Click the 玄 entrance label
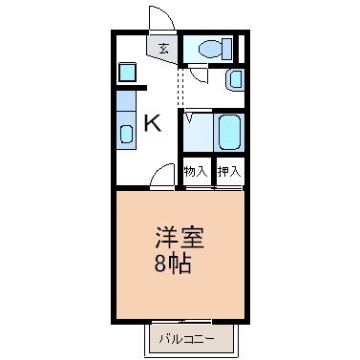[163, 49]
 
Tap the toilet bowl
[210, 50]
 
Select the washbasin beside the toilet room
[235, 79]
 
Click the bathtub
[229, 132]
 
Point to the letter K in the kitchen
[153, 123]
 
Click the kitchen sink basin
[126, 134]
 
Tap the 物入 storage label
[196, 172]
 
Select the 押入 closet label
[229, 172]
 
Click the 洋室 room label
[180, 238]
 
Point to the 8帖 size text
[173, 264]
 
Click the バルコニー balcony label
[187, 339]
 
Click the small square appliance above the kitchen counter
[127, 72]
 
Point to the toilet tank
[227, 49]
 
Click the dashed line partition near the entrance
[180, 87]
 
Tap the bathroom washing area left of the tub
[198, 132]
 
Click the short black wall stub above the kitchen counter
[131, 88]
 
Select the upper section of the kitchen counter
[126, 101]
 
